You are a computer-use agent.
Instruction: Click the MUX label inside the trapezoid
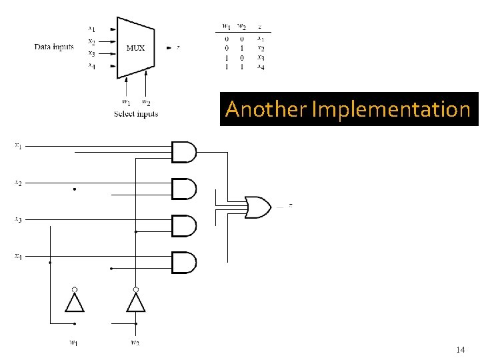click(135, 48)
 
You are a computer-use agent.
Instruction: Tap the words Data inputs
click(54, 47)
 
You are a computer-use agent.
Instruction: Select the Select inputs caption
click(135, 114)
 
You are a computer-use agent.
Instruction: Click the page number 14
click(460, 349)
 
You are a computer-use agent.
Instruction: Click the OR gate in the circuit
click(258, 207)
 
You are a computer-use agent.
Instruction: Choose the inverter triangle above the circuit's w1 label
click(75, 303)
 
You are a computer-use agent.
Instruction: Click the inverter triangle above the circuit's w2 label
click(135, 303)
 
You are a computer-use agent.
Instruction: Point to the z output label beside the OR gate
click(291, 205)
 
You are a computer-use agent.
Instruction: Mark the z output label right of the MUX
click(178, 47)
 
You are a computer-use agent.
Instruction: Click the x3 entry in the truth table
click(261, 57)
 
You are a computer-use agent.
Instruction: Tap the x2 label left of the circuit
click(18, 182)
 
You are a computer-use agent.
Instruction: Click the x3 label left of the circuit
click(18, 219)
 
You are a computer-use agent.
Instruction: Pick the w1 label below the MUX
click(126, 102)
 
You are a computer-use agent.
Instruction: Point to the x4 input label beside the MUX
click(91, 65)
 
